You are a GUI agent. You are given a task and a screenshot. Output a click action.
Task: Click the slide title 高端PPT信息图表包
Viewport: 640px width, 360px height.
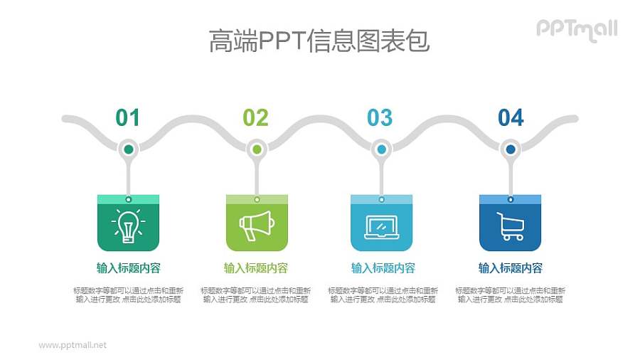click(319, 41)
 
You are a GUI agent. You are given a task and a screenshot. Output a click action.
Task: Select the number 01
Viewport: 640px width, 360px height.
click(128, 117)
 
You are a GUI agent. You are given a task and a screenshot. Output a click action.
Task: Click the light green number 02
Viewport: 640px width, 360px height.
click(256, 117)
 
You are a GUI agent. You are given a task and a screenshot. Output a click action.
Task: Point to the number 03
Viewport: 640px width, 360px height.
click(380, 117)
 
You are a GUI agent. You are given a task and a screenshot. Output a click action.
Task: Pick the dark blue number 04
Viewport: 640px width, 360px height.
click(511, 117)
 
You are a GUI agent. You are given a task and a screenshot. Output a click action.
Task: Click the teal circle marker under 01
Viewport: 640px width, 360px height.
click(128, 149)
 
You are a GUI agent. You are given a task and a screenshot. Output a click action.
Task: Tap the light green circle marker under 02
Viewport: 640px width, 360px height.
click(257, 149)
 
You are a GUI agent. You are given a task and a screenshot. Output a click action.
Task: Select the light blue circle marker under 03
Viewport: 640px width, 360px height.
click(382, 149)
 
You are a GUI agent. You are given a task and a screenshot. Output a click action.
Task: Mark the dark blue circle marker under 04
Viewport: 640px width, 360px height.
click(510, 149)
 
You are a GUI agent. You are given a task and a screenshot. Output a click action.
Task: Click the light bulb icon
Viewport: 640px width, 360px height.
click(128, 226)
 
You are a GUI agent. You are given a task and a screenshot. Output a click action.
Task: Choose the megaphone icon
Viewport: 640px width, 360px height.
click(257, 226)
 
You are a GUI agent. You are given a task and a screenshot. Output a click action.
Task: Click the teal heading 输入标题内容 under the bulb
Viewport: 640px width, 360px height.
click(128, 268)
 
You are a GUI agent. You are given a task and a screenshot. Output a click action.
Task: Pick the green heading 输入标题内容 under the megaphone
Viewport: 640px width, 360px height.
click(256, 268)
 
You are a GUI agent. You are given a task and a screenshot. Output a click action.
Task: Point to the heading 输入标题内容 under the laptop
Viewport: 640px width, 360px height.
click(383, 268)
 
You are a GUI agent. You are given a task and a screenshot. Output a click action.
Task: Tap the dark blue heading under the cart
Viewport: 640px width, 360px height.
click(510, 268)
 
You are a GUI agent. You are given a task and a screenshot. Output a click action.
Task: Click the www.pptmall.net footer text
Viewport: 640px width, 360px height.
click(73, 345)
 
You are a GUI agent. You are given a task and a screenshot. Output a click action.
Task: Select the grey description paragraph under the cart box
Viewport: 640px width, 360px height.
click(510, 295)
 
